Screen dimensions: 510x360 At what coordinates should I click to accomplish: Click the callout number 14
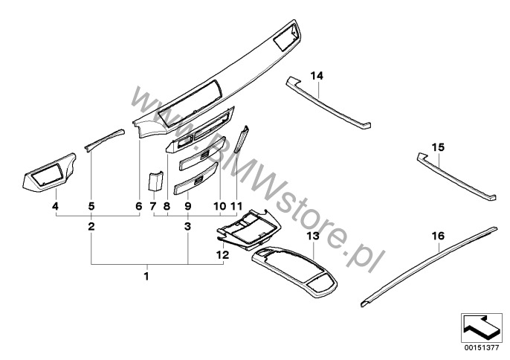[x=317, y=76]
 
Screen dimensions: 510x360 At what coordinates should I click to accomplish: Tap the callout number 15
[x=438, y=147]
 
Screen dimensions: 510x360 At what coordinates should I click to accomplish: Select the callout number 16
[x=438, y=236]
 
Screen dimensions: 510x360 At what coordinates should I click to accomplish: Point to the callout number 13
[x=313, y=236]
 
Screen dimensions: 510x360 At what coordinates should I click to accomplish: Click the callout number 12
[x=222, y=255]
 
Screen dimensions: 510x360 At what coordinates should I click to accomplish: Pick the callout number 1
[x=146, y=277]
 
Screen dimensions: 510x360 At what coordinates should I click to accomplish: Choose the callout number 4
[x=56, y=206]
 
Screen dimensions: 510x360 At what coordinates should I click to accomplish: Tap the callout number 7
[x=153, y=206]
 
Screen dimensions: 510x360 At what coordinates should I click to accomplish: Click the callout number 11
[x=236, y=206]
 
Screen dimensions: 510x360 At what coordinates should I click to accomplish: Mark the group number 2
[x=91, y=226]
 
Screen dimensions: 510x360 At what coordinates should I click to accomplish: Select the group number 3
[x=187, y=226]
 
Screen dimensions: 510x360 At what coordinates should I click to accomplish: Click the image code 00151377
[x=482, y=348]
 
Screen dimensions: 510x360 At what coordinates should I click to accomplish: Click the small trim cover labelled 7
[x=155, y=181]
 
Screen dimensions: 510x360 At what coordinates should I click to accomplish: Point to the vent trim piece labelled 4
[x=49, y=172]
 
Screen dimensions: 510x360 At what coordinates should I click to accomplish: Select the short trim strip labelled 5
[x=104, y=139]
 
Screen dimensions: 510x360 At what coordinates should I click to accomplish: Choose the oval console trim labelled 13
[x=294, y=271]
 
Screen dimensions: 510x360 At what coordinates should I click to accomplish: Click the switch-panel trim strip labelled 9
[x=196, y=179]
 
